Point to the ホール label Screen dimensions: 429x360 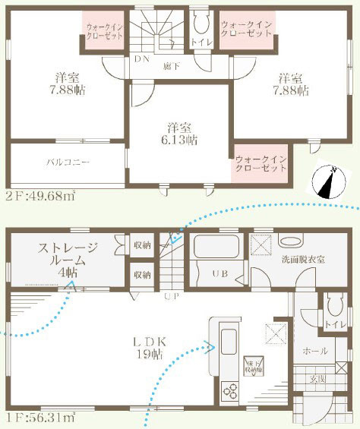315,352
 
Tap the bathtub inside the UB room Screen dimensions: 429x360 216,248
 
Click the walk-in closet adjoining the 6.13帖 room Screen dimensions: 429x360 260,162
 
